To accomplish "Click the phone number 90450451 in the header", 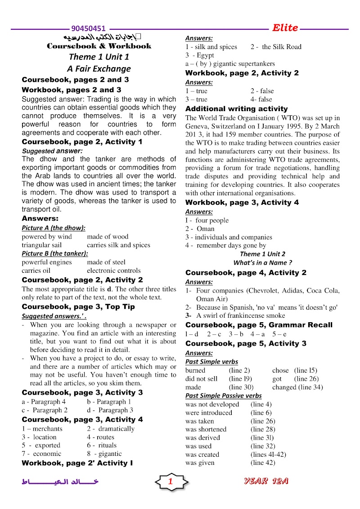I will click(89, 28).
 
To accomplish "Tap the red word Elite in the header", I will click(285, 28).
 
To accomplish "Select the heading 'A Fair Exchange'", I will click(99, 69).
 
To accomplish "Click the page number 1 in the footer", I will click(171, 482).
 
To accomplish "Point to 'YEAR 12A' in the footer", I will click(266, 481).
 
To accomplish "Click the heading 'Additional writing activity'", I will click(236, 108).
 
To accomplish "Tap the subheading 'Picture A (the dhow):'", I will click(54, 228).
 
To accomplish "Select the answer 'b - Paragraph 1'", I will click(109, 401).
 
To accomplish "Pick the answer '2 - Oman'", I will click(200, 229).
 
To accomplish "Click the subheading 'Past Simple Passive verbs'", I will click(223, 396).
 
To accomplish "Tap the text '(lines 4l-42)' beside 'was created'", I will click(268, 455).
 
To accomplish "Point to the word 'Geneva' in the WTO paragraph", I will click(196, 126).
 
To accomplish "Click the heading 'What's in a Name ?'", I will click(262, 262).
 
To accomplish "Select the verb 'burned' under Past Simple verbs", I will click(195, 370).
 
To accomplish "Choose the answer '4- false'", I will click(261, 99).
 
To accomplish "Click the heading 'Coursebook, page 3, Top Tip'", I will click(78, 307).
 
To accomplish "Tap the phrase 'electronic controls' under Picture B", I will click(113, 270).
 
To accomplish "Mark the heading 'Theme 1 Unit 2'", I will click(262, 254).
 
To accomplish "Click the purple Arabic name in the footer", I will click(60, 482).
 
